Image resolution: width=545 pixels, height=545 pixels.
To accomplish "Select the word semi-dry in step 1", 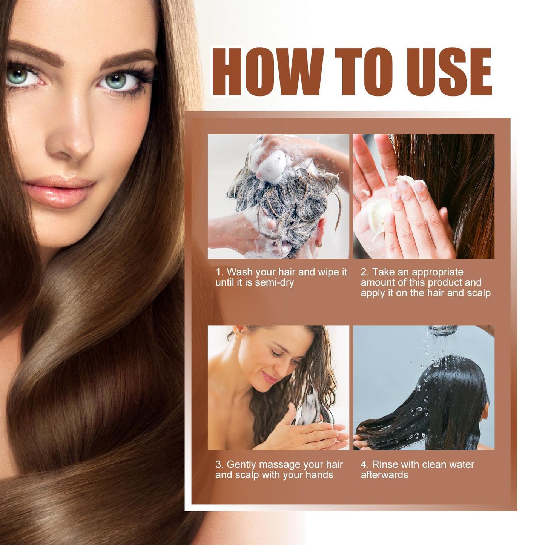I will [274, 282].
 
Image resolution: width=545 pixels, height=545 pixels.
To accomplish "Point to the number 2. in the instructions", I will [365, 272].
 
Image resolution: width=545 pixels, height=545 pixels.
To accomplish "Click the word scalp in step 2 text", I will [478, 293].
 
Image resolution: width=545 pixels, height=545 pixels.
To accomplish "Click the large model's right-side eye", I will [117, 80].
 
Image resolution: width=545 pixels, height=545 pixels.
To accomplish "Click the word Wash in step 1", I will [239, 272].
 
